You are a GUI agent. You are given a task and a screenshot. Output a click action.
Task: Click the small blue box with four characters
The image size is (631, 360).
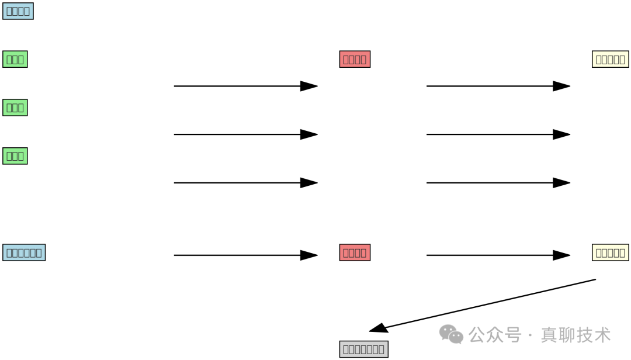[x=18, y=11]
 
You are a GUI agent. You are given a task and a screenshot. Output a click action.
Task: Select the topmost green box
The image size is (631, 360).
[x=15, y=59]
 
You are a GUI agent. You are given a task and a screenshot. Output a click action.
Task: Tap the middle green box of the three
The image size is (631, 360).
[x=15, y=108]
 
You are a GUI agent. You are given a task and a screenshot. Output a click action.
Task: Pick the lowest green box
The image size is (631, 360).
[x=15, y=156]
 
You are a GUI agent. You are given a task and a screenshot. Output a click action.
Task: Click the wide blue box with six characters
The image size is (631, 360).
[x=24, y=252]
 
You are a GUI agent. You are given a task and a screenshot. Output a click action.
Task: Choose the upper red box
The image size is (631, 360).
[x=355, y=59]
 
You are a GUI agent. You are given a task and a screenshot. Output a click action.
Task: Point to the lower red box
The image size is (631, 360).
[x=355, y=252]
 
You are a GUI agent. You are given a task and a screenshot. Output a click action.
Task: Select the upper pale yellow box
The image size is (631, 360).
[x=611, y=59]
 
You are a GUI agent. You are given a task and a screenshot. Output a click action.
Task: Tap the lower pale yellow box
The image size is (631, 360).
[x=611, y=252]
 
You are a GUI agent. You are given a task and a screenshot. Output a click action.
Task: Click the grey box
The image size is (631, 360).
[x=363, y=349]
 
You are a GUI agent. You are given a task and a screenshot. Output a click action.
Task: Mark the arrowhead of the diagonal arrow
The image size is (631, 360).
[x=378, y=328]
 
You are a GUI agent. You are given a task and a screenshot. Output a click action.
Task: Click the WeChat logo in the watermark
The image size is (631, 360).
[x=451, y=334]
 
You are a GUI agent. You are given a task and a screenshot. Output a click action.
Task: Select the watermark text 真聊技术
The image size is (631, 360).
[x=575, y=335]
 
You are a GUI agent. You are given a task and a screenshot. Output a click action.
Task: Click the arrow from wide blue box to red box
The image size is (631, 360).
[x=245, y=255]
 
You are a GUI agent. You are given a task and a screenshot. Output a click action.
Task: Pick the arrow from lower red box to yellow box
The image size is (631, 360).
[x=498, y=255]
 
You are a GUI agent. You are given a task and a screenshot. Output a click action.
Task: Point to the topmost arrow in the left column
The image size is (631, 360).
[x=245, y=86]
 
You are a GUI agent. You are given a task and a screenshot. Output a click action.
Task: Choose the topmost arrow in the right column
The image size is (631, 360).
[x=498, y=86]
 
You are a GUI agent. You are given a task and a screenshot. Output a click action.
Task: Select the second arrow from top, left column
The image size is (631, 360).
[x=245, y=134]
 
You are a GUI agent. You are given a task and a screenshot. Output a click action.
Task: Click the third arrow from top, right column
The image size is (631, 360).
[x=498, y=183]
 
